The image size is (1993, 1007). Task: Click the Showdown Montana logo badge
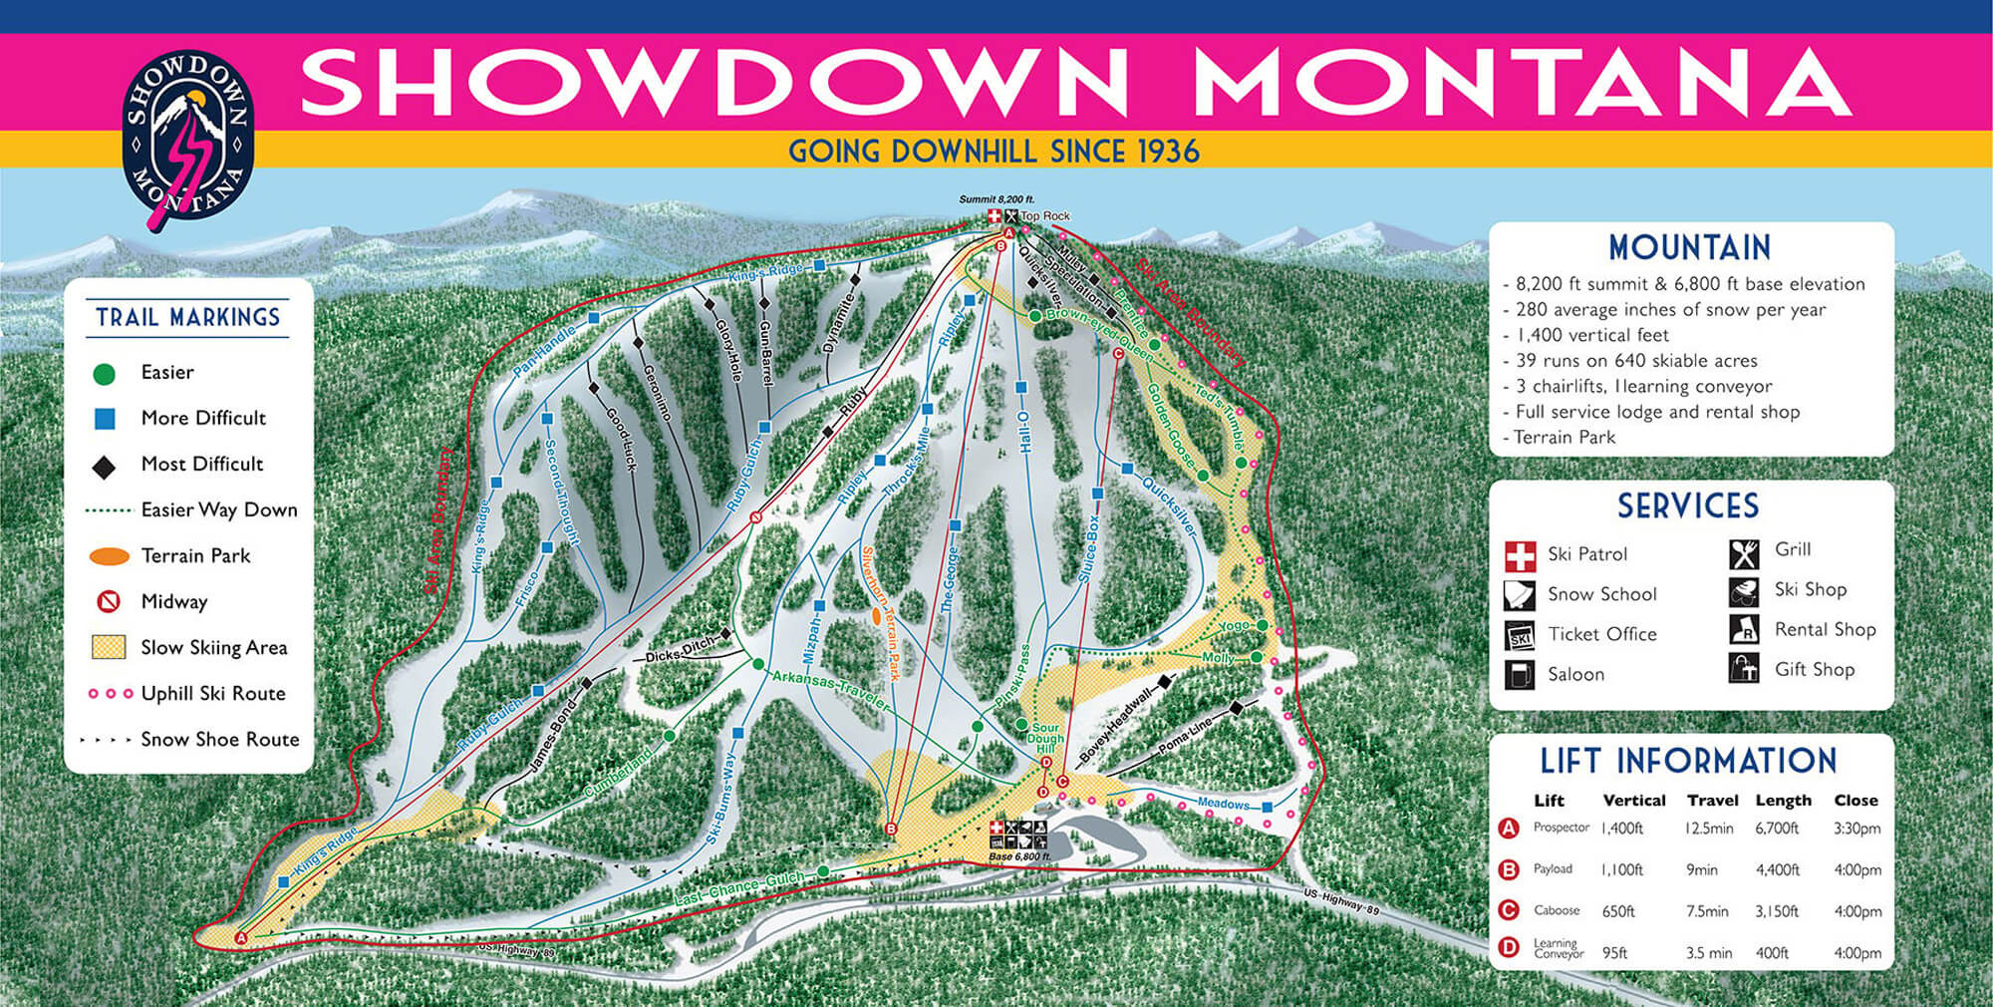click(187, 135)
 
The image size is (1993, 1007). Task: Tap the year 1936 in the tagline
click(1164, 152)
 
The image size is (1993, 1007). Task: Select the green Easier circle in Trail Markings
click(104, 374)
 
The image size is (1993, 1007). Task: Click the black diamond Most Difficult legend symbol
click(104, 466)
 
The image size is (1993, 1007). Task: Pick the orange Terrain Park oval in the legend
click(110, 556)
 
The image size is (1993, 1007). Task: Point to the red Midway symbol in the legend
click(108, 601)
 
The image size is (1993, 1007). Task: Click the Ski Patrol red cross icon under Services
click(1520, 555)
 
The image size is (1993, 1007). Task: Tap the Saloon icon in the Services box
click(1520, 675)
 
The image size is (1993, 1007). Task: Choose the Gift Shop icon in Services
click(1744, 669)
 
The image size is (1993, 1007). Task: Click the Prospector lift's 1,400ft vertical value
click(1621, 829)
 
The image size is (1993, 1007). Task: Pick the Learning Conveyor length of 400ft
click(1772, 953)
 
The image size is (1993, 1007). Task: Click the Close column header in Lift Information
click(1855, 801)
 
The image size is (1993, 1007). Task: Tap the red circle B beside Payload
click(1509, 869)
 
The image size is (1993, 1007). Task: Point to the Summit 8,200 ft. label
click(996, 199)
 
